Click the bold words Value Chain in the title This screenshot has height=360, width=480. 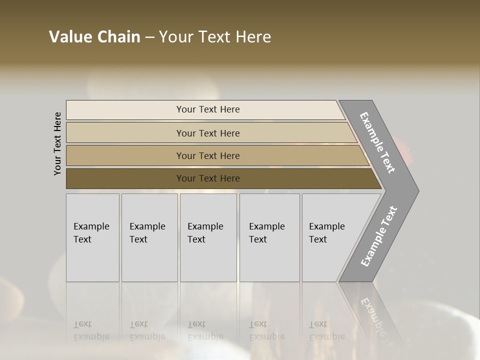(94, 37)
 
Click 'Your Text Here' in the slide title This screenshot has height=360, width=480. (215, 37)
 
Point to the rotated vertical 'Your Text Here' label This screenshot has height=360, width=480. (57, 143)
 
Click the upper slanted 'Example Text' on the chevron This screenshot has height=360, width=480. (377, 142)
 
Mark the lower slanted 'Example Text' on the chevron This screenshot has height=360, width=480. (379, 236)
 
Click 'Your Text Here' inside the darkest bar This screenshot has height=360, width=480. (208, 178)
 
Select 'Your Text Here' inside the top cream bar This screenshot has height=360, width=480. (208, 109)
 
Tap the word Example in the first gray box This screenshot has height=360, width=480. (91, 226)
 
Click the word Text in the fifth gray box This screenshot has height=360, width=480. (318, 239)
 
